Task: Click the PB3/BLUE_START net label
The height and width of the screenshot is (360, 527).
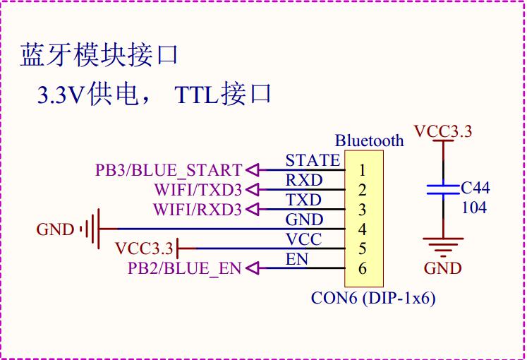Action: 169,170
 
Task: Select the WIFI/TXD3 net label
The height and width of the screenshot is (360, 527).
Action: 198,190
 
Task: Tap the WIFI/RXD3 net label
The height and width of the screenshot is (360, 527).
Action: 198,210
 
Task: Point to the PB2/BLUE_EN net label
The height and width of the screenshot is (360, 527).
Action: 185,268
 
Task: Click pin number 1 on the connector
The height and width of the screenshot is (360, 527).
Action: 362,170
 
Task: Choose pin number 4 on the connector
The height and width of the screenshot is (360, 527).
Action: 362,229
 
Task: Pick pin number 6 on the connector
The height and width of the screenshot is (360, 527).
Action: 362,268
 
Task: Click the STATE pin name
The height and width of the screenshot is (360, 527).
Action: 313,160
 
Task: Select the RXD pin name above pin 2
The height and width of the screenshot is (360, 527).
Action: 304,181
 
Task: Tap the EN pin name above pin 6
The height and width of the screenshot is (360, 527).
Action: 297,260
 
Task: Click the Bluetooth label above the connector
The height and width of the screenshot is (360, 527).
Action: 370,140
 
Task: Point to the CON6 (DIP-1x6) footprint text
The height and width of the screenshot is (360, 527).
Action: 373,298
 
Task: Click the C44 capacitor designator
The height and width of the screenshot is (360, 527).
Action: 475,188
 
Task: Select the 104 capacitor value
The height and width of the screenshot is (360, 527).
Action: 474,208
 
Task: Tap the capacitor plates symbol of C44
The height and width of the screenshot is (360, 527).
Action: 443,190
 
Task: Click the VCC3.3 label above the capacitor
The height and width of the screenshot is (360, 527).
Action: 443,131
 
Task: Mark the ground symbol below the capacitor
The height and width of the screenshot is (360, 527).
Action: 443,247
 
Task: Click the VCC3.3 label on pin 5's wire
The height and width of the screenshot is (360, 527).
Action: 144,248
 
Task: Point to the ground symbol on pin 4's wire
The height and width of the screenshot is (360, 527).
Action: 91,229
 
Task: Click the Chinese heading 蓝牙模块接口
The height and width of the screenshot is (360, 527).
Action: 99,55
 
